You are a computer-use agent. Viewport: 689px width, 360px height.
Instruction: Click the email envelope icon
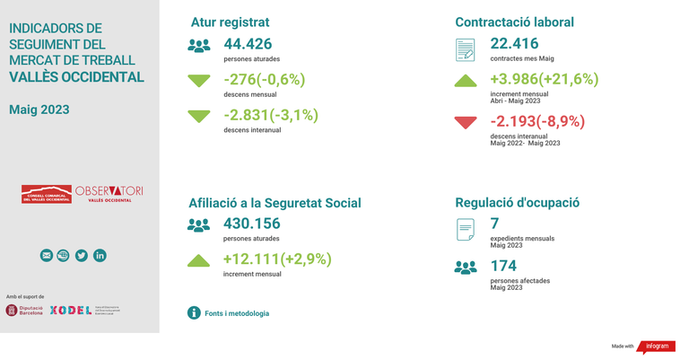click(47, 256)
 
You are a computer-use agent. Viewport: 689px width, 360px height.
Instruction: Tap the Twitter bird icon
click(82, 256)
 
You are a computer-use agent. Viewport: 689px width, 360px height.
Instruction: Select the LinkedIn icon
click(100, 256)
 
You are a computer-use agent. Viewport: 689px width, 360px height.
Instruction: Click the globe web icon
click(64, 256)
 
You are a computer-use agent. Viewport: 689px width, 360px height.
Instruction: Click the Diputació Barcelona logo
click(24, 311)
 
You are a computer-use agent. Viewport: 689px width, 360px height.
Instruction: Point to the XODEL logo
click(71, 311)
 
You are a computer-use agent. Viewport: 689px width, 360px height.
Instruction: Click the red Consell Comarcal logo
click(47, 194)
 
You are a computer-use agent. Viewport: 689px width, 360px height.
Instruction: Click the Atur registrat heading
click(230, 22)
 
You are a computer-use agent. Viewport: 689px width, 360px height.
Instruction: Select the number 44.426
click(248, 44)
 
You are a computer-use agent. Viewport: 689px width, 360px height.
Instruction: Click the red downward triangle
click(466, 123)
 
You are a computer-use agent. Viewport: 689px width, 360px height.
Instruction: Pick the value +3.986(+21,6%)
click(544, 79)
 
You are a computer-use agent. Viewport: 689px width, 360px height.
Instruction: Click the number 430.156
click(251, 224)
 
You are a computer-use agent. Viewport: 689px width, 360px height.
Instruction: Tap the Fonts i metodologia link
click(237, 313)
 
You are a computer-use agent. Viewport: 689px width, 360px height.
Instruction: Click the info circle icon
click(194, 313)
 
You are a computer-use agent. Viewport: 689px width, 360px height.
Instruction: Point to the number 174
click(503, 267)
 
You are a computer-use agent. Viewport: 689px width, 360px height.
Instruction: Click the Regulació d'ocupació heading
click(517, 203)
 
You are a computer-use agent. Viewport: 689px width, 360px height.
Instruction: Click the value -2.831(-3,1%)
click(271, 115)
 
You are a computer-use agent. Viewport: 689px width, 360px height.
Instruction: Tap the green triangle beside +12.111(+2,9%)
click(198, 261)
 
